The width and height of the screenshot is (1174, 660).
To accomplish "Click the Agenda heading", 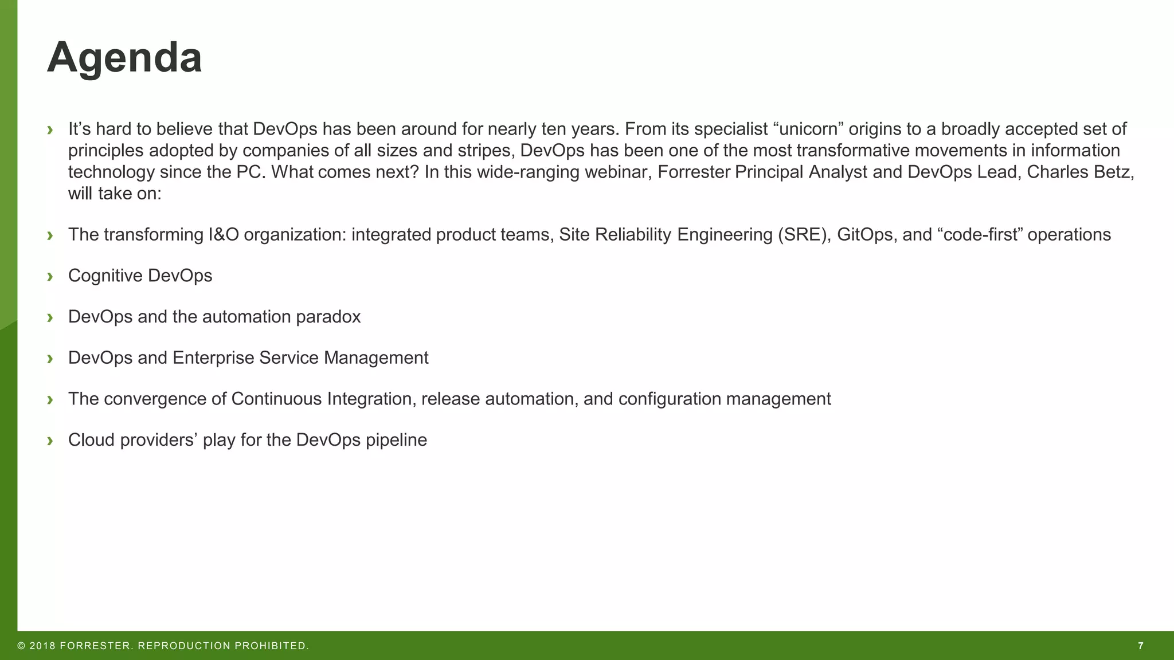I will pos(124,58).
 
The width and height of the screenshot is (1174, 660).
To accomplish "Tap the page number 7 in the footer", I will pos(1141,646).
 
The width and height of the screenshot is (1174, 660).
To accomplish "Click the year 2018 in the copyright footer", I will pos(42,646).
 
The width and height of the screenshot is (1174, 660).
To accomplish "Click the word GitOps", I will pos(864,234).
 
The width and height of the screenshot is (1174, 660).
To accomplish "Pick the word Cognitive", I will pos(105,276).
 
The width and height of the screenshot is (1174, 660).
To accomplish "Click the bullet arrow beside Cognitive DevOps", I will pos(50,276).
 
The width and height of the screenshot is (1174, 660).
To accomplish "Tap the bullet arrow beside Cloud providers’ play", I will pos(50,441).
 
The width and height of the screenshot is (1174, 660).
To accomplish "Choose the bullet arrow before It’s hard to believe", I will pos(50,130).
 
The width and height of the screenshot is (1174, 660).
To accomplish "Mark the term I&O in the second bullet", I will pos(224,234).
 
